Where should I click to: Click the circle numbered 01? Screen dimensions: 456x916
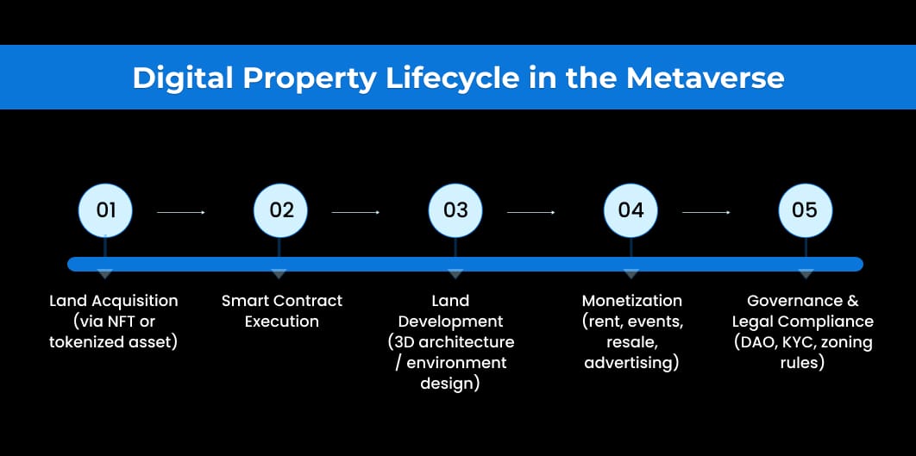point(105,210)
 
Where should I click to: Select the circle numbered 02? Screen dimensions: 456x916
point(281,210)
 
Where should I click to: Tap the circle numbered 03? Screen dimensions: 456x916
point(455,210)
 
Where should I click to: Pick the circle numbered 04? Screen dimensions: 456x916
point(631,210)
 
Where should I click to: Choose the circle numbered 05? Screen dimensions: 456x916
point(804,210)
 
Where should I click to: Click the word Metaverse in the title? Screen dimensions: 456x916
point(705,78)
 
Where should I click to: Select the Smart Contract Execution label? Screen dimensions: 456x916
point(281,311)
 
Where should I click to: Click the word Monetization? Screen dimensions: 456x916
point(631,301)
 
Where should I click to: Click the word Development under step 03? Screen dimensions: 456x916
point(450,322)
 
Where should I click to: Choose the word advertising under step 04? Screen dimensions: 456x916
point(631,363)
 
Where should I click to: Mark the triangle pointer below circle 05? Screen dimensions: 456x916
point(806,274)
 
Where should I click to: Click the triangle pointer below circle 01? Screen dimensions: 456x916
point(105,274)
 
